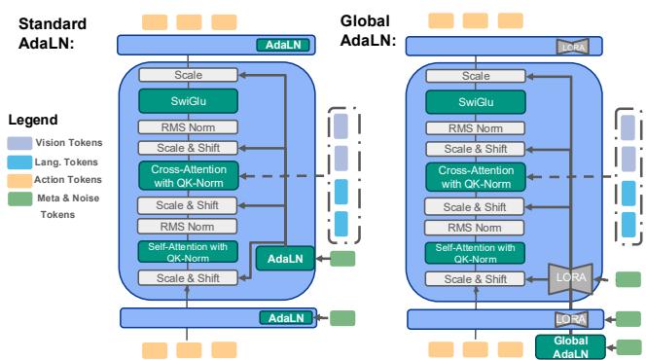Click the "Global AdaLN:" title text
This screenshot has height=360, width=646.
370,31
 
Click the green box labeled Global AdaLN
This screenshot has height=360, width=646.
570,346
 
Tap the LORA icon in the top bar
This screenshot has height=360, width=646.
570,45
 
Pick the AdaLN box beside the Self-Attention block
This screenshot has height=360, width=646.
283,258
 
